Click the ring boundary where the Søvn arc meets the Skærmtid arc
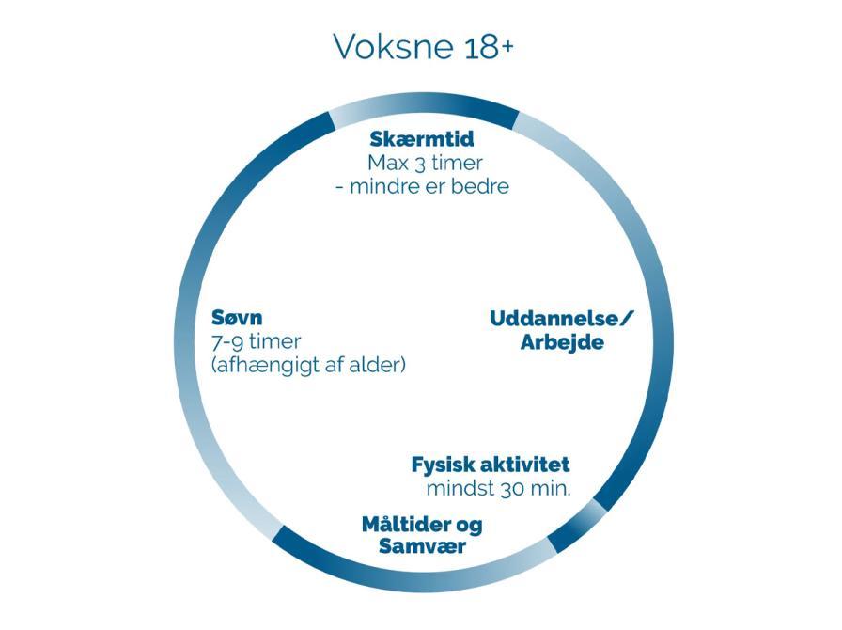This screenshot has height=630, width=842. point(331,121)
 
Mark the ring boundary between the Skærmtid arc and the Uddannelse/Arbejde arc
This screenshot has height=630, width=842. point(516,120)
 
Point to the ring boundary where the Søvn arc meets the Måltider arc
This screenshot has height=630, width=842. point(277,533)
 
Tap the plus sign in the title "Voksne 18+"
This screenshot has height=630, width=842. point(506,47)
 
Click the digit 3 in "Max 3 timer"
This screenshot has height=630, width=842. point(420,164)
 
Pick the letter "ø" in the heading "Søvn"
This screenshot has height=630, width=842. point(231,319)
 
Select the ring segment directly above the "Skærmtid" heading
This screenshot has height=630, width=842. point(423,102)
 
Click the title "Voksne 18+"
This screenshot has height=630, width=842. point(423,46)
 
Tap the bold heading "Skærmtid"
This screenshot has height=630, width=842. point(422,139)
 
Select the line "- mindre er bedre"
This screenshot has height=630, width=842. point(422,186)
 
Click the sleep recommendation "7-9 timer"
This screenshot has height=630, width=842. point(257,342)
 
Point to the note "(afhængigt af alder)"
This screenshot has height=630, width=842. point(308,366)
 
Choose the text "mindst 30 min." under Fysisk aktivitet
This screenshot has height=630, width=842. point(498,489)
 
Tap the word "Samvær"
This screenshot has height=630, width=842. point(422,546)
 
